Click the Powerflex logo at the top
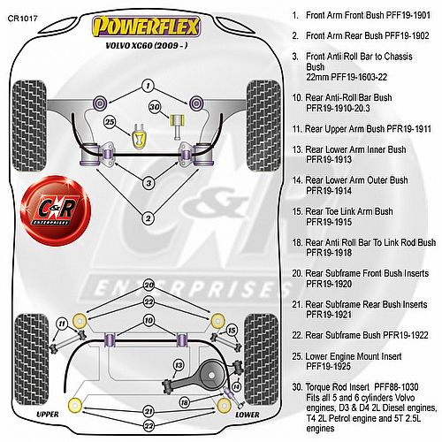coord(147,27)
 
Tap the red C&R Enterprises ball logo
coord(56,210)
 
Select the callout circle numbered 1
coord(148,86)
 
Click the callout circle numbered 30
coord(155,107)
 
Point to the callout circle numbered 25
coord(110,122)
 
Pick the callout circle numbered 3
coord(149,183)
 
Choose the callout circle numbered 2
coord(148,218)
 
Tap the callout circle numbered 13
coord(179,366)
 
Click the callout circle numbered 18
coord(184,402)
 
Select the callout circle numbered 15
coord(232,331)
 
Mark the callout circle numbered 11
coord(62,324)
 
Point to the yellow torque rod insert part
coord(177,126)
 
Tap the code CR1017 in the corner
coord(23,19)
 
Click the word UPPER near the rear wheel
coord(48,415)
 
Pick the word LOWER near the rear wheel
coord(248,415)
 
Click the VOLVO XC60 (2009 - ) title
coord(147,46)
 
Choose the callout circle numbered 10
coord(149,321)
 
